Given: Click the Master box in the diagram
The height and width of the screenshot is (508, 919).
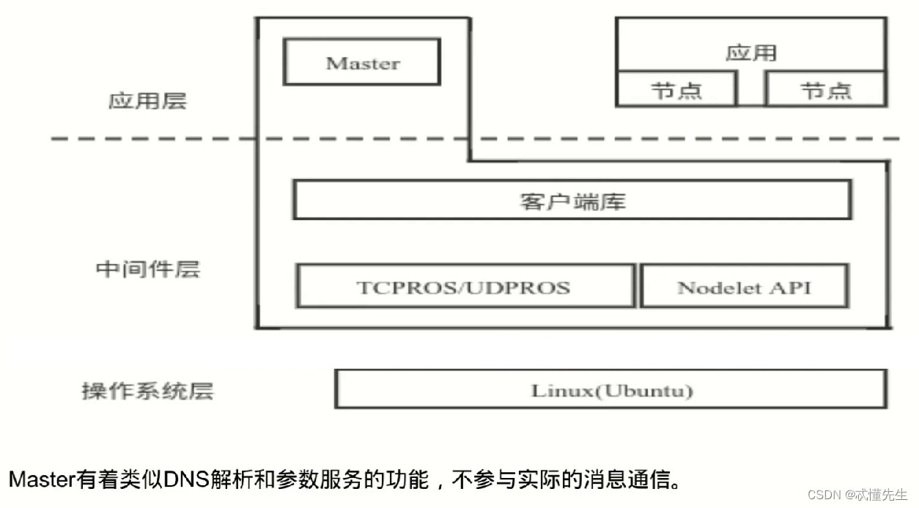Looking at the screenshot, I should tap(362, 62).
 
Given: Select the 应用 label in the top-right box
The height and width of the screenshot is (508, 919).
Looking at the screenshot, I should tap(750, 53).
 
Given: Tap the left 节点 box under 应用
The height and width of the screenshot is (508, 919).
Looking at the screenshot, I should tap(676, 90).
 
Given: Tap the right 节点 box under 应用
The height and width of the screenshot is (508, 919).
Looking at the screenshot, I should tap(825, 90).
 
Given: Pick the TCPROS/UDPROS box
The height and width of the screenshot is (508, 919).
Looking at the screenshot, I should tap(464, 287).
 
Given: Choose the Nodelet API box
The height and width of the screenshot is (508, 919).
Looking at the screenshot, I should tap(744, 287).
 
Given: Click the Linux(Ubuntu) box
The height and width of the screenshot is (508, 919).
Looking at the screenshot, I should tap(611, 390).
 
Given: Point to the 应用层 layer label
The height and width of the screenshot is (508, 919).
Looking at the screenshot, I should tap(147, 100).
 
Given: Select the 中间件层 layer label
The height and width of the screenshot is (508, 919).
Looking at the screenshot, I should tap(147, 269).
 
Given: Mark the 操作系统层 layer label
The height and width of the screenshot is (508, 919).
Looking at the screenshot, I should tap(147, 391).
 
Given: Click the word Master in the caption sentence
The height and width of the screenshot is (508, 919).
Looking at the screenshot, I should tap(42, 480).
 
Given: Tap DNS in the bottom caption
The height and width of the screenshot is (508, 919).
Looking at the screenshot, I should tap(184, 480).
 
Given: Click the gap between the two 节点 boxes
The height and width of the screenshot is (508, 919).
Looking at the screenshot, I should tap(750, 89).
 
